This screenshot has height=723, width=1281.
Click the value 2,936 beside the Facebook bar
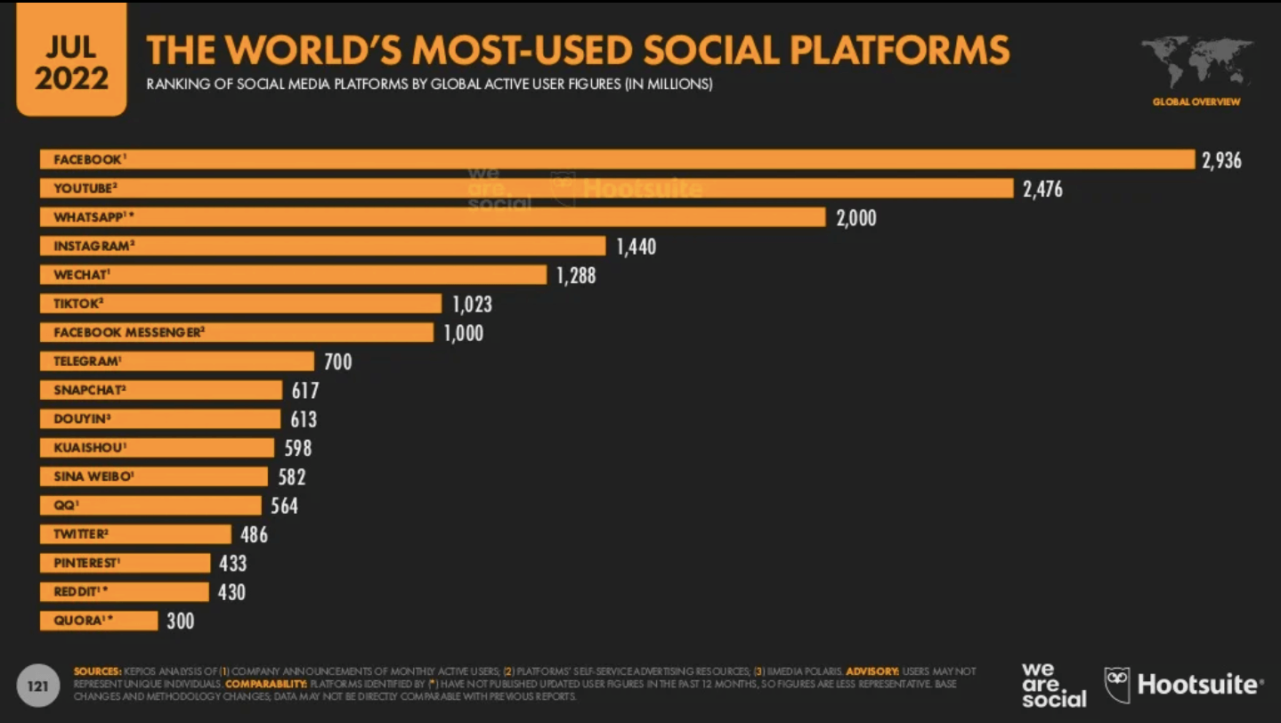[x=1221, y=160]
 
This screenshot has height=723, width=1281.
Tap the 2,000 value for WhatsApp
[x=855, y=217]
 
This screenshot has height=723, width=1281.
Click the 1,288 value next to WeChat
[x=576, y=275]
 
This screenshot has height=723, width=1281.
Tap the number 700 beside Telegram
[x=337, y=361]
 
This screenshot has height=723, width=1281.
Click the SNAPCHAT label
[x=88, y=390]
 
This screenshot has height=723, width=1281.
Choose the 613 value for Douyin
[x=304, y=419]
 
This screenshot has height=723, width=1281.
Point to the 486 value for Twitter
[x=254, y=534]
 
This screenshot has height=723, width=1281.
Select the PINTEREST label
[x=85, y=563]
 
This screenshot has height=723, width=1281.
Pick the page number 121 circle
[x=37, y=686]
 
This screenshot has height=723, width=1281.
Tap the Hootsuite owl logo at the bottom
[x=1117, y=684]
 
